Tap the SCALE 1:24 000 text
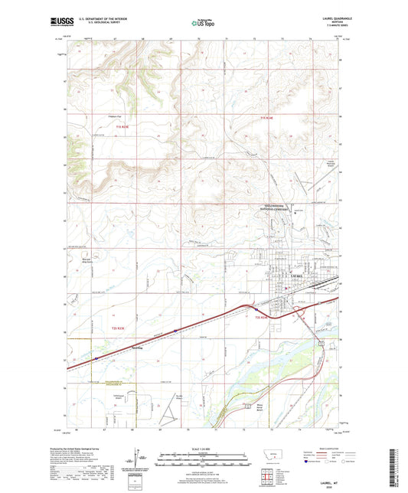pyautogui.click(x=204, y=449)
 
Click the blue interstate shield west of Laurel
pyautogui.click(x=175, y=331)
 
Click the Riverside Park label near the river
pyautogui.click(x=245, y=405)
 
